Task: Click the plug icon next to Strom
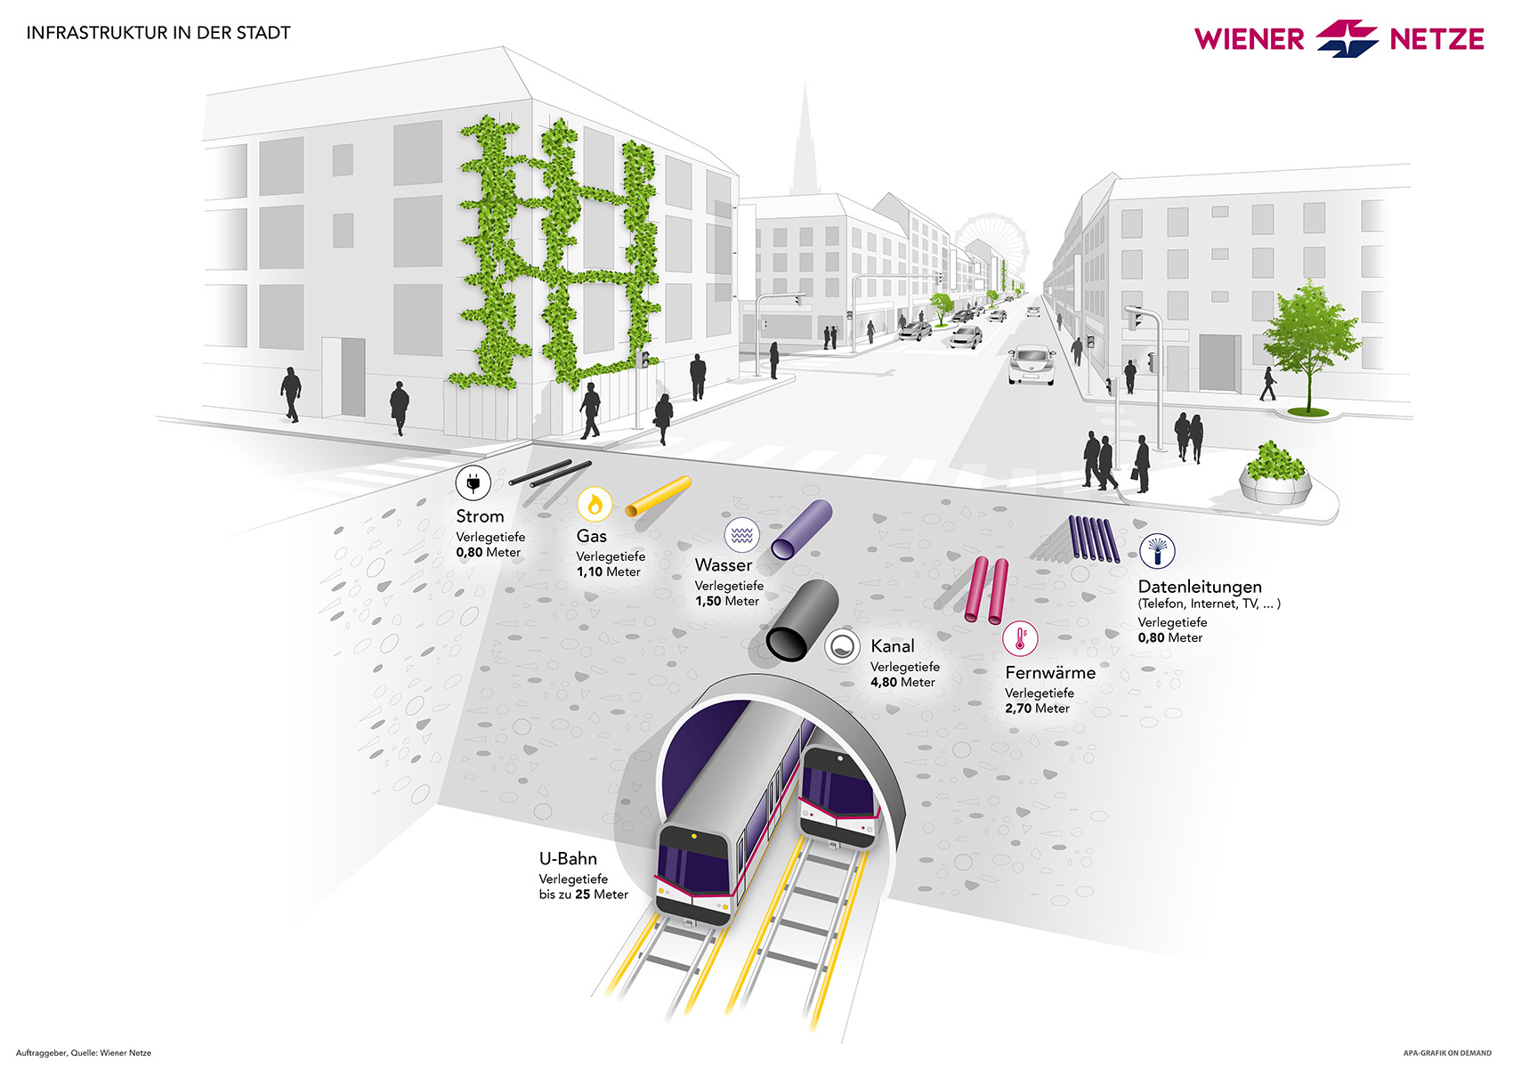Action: pyautogui.click(x=473, y=483)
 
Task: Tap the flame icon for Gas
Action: pyautogui.click(x=594, y=505)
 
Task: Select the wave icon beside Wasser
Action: pyautogui.click(x=741, y=535)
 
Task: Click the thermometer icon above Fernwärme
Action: pyautogui.click(x=1020, y=638)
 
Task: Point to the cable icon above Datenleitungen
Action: pyautogui.click(x=1156, y=551)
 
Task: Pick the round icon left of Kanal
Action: pyautogui.click(x=842, y=646)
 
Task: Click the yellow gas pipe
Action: pyautogui.click(x=659, y=496)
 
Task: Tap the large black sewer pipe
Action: pyautogui.click(x=802, y=621)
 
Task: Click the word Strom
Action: pyautogui.click(x=480, y=516)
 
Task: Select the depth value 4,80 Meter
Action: pyautogui.click(x=902, y=683)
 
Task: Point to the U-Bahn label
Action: pyautogui.click(x=568, y=859)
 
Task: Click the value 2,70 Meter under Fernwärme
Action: pyautogui.click(x=1037, y=709)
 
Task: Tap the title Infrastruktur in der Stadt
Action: pyautogui.click(x=158, y=33)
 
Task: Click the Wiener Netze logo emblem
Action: pyautogui.click(x=1347, y=38)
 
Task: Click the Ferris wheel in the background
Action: pyautogui.click(x=991, y=240)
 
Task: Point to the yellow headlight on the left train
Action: pyautogui.click(x=694, y=837)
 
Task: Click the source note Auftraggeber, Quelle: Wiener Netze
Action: pyautogui.click(x=84, y=1053)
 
